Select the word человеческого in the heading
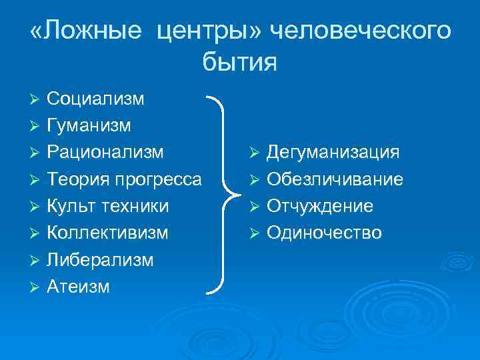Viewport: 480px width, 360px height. [x=357, y=31]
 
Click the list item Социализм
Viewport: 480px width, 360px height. [x=95, y=99]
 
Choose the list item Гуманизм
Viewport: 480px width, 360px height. [x=89, y=125]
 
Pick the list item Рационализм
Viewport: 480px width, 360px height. [x=105, y=152]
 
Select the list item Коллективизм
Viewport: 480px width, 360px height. [x=107, y=233]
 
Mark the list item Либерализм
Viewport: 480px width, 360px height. [x=100, y=259]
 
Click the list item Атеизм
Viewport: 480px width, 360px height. [x=78, y=286]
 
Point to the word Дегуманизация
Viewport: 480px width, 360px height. [x=333, y=153]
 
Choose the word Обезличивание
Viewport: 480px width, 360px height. [x=335, y=179]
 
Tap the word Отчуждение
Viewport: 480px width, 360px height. [x=320, y=206]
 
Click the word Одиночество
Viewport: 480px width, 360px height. [x=324, y=233]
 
